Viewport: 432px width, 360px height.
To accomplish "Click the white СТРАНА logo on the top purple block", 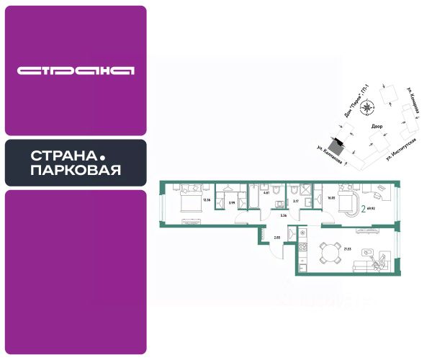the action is tap(76, 71).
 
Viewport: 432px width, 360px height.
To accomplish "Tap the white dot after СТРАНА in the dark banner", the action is tap(102, 156).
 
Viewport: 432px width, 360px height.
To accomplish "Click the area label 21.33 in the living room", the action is tap(348, 249).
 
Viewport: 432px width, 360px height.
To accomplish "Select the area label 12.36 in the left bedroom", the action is tap(206, 199).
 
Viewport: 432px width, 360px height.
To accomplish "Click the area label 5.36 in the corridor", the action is tap(284, 215).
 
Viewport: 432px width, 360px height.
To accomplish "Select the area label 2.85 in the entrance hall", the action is tap(276, 236).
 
